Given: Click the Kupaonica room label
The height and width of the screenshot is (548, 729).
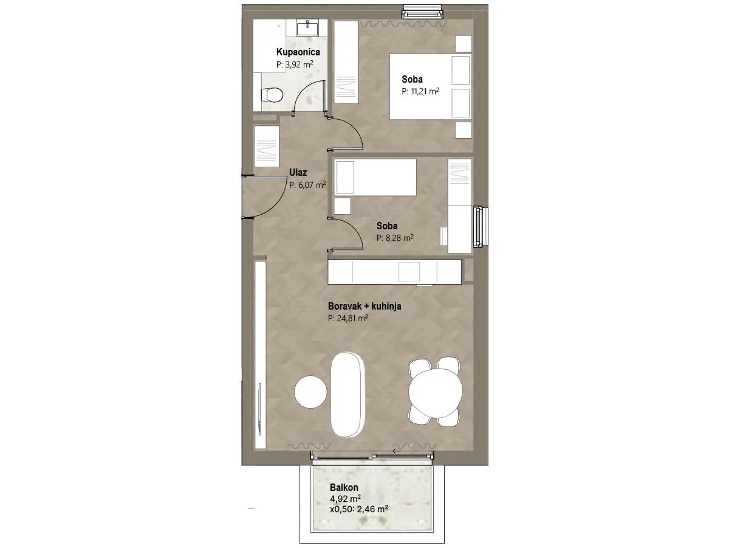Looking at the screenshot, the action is [x=298, y=52].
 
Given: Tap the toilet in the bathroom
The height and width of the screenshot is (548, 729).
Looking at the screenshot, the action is [x=272, y=95].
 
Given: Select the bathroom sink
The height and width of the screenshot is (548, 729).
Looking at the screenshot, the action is [x=307, y=27].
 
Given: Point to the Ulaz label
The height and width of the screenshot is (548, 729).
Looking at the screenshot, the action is [x=298, y=172].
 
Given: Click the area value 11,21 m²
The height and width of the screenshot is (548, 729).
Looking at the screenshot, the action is [x=425, y=91].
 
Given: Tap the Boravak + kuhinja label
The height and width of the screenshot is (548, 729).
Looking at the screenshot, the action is [x=364, y=306].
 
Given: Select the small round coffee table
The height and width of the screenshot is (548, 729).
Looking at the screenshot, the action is [x=310, y=392].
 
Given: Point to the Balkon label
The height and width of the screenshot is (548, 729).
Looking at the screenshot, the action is [x=344, y=487].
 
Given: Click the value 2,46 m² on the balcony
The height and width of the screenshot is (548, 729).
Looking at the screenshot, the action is [x=372, y=509].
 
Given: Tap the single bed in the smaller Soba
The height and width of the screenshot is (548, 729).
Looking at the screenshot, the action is [x=375, y=177].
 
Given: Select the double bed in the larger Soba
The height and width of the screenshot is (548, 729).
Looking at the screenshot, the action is [x=431, y=86].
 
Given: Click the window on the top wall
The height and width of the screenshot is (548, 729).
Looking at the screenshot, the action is [x=422, y=13].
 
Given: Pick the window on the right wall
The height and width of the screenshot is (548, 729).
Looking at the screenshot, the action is [x=481, y=227].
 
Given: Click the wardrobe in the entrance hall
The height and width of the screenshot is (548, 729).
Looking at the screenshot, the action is [x=266, y=146].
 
